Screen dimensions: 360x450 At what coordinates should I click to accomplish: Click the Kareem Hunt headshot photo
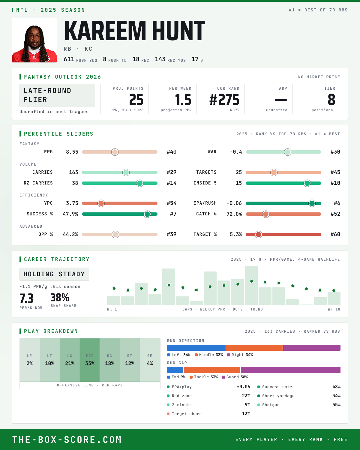coord(34,40)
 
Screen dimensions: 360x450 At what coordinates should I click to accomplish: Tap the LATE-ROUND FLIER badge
coord(57,95)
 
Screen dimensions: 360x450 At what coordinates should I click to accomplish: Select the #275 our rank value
coord(224,100)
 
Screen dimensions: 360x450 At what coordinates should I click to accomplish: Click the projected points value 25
coord(136,100)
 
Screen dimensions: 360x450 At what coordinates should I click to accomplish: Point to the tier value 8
coord(331,100)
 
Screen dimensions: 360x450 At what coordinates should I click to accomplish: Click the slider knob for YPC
coord(101,203)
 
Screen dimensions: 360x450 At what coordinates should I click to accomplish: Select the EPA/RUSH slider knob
coord(312,203)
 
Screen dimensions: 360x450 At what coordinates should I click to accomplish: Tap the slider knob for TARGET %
coord(259,234)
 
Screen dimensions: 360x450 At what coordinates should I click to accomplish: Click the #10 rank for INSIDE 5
coord(335,183)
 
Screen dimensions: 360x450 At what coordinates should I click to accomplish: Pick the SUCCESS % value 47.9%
coord(70,214)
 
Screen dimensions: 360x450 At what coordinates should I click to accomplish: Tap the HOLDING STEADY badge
coord(54,274)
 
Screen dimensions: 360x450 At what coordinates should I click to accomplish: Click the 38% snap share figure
coord(60,297)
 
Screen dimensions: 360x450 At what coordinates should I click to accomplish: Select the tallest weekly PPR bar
coord(251,285)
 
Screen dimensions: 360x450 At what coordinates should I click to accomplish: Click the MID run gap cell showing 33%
coord(90,360)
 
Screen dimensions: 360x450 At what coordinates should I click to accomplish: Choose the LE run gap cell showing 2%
coord(30,360)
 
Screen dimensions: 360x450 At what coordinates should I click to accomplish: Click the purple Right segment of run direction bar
coord(312,348)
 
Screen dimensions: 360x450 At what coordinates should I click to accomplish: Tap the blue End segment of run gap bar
coord(175,370)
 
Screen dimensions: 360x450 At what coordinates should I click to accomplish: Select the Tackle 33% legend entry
coord(203,377)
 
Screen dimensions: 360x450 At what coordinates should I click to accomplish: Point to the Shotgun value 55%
coord(336,405)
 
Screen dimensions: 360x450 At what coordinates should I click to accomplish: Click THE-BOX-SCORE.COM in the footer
coord(67,439)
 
